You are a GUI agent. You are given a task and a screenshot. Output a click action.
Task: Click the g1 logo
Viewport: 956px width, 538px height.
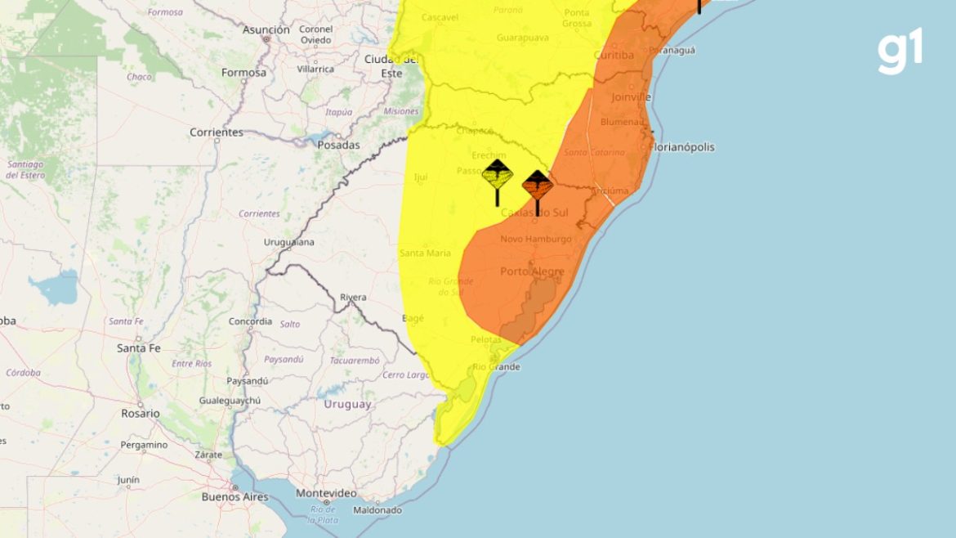pos(900,51)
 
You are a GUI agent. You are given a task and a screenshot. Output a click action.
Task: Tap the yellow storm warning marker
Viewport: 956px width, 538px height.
pos(497,176)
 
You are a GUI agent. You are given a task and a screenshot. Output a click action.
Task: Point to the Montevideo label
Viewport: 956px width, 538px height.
pos(326,493)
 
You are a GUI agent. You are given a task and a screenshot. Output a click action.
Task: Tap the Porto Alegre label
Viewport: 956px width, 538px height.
pos(532,271)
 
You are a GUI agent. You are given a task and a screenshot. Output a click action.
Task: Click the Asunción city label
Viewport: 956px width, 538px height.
pos(266,29)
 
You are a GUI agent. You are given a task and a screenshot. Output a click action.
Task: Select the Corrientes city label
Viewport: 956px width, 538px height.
pos(217,132)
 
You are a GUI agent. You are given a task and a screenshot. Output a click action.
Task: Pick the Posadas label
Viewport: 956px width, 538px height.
pos(338,146)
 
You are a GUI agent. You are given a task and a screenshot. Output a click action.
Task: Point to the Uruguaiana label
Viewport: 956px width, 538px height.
pos(289,243)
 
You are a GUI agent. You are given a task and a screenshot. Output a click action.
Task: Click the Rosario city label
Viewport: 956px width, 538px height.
pos(141,414)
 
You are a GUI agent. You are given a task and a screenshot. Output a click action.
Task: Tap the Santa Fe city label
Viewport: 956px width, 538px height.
pos(139,347)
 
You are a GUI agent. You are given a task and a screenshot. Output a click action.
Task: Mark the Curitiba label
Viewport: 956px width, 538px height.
pos(614,55)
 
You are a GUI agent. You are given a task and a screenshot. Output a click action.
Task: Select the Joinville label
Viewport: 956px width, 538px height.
pos(631,96)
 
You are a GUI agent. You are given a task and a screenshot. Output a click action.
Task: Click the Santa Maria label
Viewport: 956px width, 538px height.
pos(425,253)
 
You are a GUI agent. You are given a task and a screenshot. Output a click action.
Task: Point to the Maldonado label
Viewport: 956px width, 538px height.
pos(377,510)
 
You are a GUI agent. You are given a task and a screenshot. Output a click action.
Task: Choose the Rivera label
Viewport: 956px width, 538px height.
pos(353,298)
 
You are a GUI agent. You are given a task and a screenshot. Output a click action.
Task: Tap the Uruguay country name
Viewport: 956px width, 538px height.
pos(347,404)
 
